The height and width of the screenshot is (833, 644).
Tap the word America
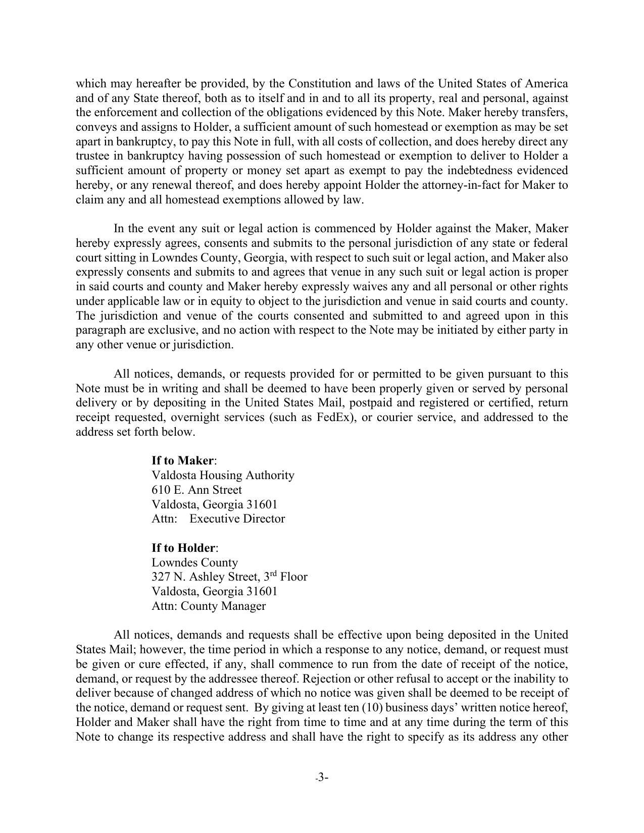pyautogui.click(x=546, y=83)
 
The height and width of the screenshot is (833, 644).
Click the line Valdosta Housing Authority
pyautogui.click(x=223, y=475)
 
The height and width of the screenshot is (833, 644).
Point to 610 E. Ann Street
pyautogui.click(x=196, y=490)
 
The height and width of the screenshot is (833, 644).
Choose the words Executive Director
pyautogui.click(x=237, y=519)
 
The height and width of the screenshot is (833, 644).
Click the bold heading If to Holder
pyautogui.click(x=184, y=548)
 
